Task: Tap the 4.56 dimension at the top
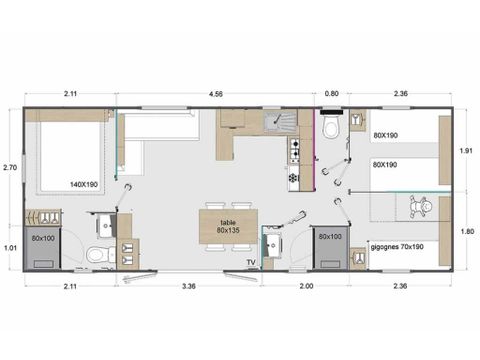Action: (x=215, y=94)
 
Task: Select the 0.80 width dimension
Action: (x=332, y=94)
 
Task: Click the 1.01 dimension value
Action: (x=10, y=246)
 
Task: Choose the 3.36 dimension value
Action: (x=187, y=285)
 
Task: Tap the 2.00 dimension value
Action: (x=306, y=285)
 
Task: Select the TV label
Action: (x=250, y=262)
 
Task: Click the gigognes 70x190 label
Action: (x=396, y=244)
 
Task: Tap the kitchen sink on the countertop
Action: (x=278, y=122)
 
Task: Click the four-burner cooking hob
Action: (x=294, y=152)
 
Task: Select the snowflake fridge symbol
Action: (x=293, y=178)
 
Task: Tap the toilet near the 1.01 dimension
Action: (x=98, y=254)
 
